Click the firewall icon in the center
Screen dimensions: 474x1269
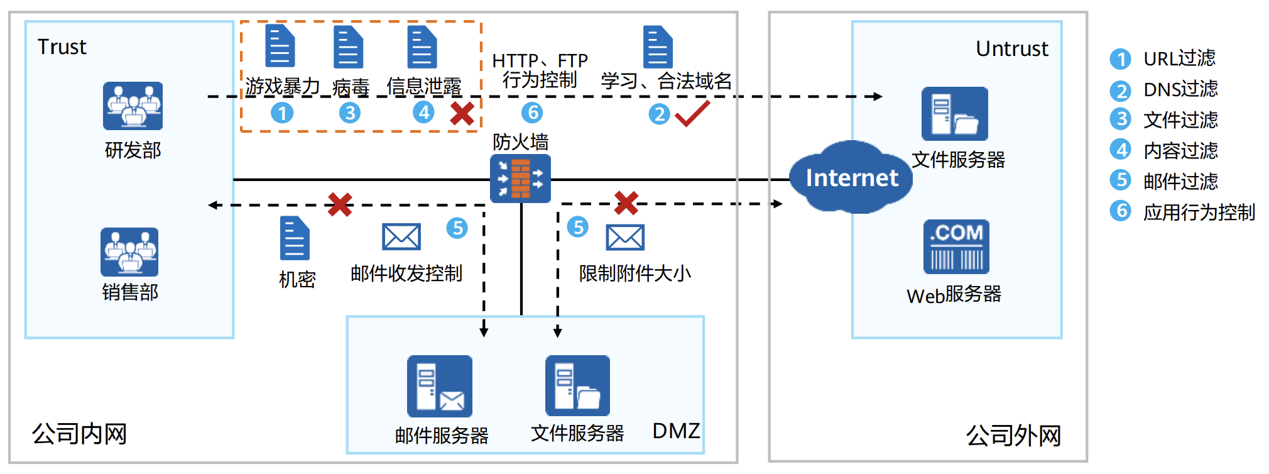pyautogui.click(x=520, y=179)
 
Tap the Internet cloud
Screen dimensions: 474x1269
pyautogui.click(x=851, y=178)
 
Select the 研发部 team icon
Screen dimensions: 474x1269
pyautogui.click(x=133, y=106)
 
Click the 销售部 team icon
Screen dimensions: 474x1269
pyautogui.click(x=129, y=252)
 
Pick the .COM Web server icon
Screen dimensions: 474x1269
pyautogui.click(x=956, y=246)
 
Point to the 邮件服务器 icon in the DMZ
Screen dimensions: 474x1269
pyautogui.click(x=440, y=386)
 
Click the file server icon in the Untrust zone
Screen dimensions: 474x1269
pyautogui.click(x=954, y=114)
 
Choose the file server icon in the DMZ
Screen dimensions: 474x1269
pyautogui.click(x=577, y=385)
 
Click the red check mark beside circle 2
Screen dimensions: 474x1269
pyautogui.click(x=692, y=113)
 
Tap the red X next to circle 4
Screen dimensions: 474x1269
pyautogui.click(x=462, y=114)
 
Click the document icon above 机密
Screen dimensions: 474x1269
pyautogui.click(x=295, y=238)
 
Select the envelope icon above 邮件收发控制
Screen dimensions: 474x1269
pyautogui.click(x=401, y=237)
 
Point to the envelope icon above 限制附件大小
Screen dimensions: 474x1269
pyautogui.click(x=625, y=238)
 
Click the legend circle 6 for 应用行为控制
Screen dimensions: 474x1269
pyautogui.click(x=1120, y=211)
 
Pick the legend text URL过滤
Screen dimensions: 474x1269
pyautogui.click(x=1179, y=58)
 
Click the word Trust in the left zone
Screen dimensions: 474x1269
pyautogui.click(x=62, y=47)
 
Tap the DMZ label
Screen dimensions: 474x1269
pyautogui.click(x=676, y=431)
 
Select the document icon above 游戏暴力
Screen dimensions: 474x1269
pyautogui.click(x=280, y=46)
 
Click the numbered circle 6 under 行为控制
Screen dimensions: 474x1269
pyautogui.click(x=532, y=113)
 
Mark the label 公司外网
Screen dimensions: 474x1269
pyautogui.click(x=1013, y=435)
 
